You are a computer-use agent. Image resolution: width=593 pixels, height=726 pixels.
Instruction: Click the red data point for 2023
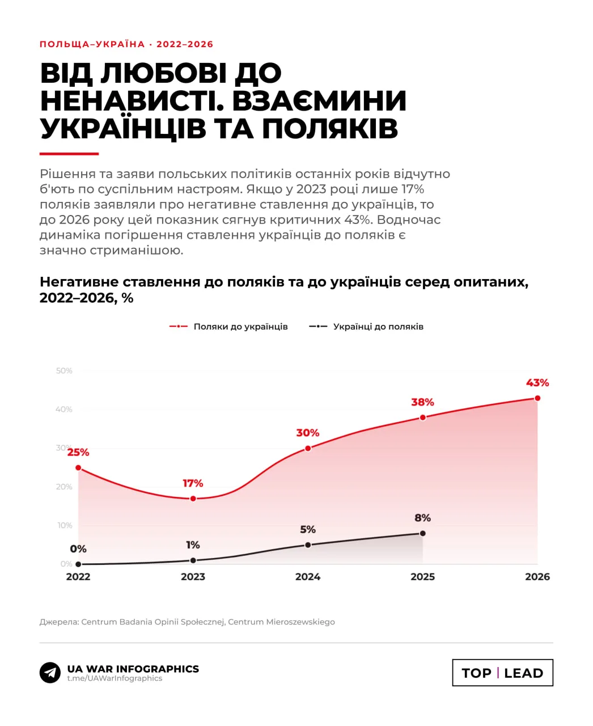tap(193, 499)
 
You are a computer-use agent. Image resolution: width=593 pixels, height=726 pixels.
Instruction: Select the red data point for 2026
tap(537, 398)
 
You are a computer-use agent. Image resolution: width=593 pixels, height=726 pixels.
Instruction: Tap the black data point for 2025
tap(422, 533)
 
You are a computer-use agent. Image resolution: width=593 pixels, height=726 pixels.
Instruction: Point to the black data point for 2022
tap(78, 564)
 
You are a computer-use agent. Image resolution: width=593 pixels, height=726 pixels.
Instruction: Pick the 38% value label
tap(422, 402)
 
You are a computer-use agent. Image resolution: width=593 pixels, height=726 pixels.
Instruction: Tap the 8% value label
tap(422, 518)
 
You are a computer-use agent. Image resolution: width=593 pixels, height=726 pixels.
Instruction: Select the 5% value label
tap(308, 529)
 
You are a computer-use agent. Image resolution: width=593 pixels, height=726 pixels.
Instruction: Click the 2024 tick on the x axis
tap(308, 577)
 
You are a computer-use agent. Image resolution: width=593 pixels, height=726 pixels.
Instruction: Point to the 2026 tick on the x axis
tap(537, 577)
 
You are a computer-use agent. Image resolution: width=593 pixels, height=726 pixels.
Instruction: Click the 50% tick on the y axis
tap(64, 371)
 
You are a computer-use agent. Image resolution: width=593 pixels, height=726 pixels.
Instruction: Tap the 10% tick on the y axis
tap(65, 525)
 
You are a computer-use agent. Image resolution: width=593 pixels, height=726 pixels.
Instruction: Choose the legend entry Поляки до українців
tap(228, 326)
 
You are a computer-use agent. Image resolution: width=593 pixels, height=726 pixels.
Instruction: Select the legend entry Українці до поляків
tap(366, 326)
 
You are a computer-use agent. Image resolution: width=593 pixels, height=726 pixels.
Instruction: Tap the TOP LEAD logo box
tap(502, 673)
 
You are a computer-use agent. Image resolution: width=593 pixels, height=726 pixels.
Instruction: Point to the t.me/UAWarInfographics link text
tap(115, 678)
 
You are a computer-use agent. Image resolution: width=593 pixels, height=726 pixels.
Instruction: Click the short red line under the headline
tap(69, 154)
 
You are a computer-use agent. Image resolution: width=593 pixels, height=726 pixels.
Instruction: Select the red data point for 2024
tap(308, 448)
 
